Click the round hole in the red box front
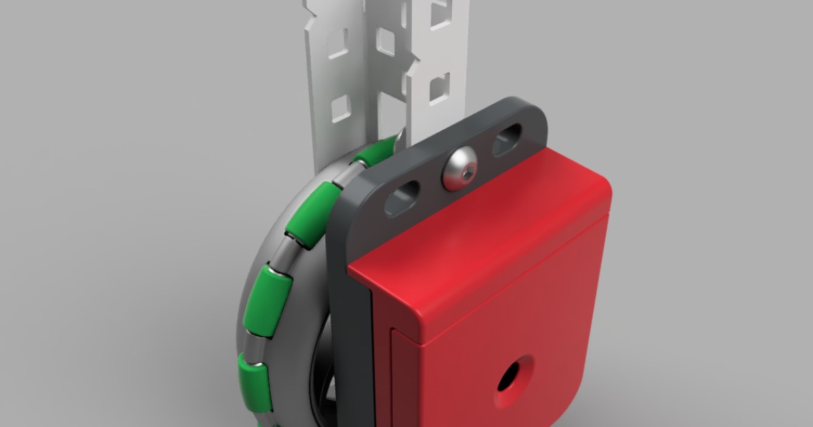pyautogui.click(x=509, y=376)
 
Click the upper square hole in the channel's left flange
pyautogui.click(x=337, y=43)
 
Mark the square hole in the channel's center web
pyautogui.click(x=385, y=40)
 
